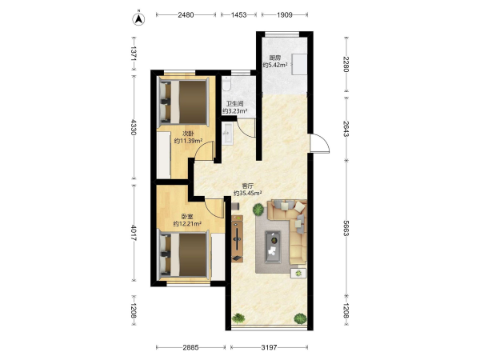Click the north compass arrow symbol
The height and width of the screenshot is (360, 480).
coord(138,19)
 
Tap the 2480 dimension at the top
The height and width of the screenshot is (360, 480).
coord(186,14)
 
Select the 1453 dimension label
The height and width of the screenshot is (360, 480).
coord(238,14)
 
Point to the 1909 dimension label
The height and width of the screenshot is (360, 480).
coord(285,14)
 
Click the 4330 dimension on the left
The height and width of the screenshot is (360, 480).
coord(134,127)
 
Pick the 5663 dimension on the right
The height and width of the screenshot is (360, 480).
coord(346,228)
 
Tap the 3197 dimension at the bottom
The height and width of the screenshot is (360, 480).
coord(269,347)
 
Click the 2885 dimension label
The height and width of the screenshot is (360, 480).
coord(190,347)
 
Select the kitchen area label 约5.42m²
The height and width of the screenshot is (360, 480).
coord(275,65)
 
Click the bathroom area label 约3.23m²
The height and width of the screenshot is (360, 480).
coord(234,111)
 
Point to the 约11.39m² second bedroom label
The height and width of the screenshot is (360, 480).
coord(188,141)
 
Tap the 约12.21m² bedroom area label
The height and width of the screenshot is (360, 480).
coord(187,224)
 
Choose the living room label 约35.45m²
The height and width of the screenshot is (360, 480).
coord(247,193)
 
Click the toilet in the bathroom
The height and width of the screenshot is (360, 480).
coord(226,84)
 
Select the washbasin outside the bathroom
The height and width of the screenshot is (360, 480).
coord(228,133)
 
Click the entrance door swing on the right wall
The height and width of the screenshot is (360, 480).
coord(319,143)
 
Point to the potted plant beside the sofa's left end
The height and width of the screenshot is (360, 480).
coord(258,210)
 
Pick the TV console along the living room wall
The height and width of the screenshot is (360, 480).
coord(238,238)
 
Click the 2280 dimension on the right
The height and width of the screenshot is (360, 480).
coord(346,64)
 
